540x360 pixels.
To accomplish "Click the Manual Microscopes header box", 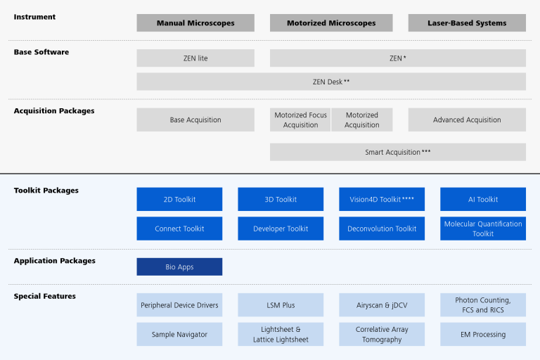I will pyautogui.click(x=195, y=23).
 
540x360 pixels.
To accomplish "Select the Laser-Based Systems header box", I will pyautogui.click(x=467, y=23).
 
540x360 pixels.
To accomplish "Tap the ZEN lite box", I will pyautogui.click(x=195, y=58).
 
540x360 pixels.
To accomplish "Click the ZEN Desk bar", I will pyautogui.click(x=331, y=82).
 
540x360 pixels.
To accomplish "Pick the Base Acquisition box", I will pyautogui.click(x=195, y=120).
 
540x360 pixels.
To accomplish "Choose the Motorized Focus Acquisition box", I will pyautogui.click(x=300, y=120).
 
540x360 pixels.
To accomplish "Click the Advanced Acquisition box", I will pyautogui.click(x=467, y=120).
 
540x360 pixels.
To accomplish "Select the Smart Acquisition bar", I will pyautogui.click(x=397, y=152).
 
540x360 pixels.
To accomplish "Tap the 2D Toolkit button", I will pyautogui.click(x=179, y=200).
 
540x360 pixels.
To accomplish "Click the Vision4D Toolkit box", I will pyautogui.click(x=382, y=200).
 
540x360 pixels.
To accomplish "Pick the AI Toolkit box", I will pyautogui.click(x=483, y=200).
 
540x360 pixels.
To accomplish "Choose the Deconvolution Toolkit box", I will pyautogui.click(x=382, y=229).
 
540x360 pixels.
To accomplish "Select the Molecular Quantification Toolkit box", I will pyautogui.click(x=483, y=229).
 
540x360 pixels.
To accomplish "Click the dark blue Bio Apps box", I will pyautogui.click(x=179, y=267).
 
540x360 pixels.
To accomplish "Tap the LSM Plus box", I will pyautogui.click(x=281, y=305).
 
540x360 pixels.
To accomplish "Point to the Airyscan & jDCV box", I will pyautogui.click(x=382, y=305).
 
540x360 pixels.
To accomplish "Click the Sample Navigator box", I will pyautogui.click(x=179, y=335).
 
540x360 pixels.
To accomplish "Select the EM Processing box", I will pyautogui.click(x=483, y=335).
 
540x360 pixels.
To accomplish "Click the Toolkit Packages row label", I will pyautogui.click(x=46, y=191).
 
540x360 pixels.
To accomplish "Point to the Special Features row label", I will pyautogui.click(x=45, y=296).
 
